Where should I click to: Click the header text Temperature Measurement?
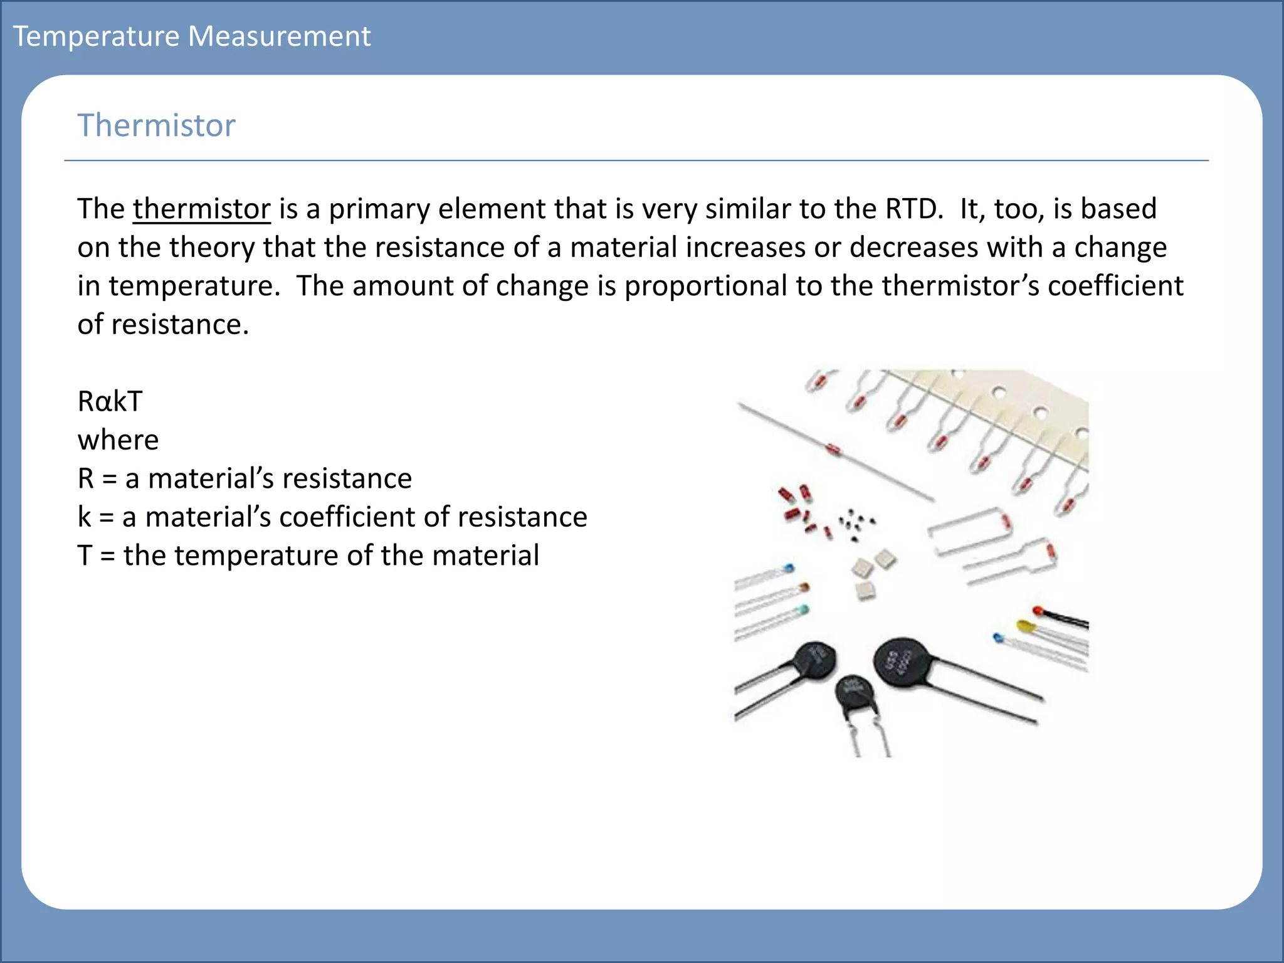[192, 36]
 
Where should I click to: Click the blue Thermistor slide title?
[156, 125]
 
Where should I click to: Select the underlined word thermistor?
[201, 209]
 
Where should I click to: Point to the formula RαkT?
[110, 401]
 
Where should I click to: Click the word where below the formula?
[118, 440]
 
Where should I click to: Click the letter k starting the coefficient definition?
[84, 517]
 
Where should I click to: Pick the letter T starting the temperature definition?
[85, 555]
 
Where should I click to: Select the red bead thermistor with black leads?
[1038, 610]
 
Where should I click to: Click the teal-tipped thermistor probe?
[802, 610]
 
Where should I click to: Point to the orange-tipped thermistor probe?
[803, 588]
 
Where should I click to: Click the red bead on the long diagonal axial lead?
[833, 449]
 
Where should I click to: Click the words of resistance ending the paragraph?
[163, 325]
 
